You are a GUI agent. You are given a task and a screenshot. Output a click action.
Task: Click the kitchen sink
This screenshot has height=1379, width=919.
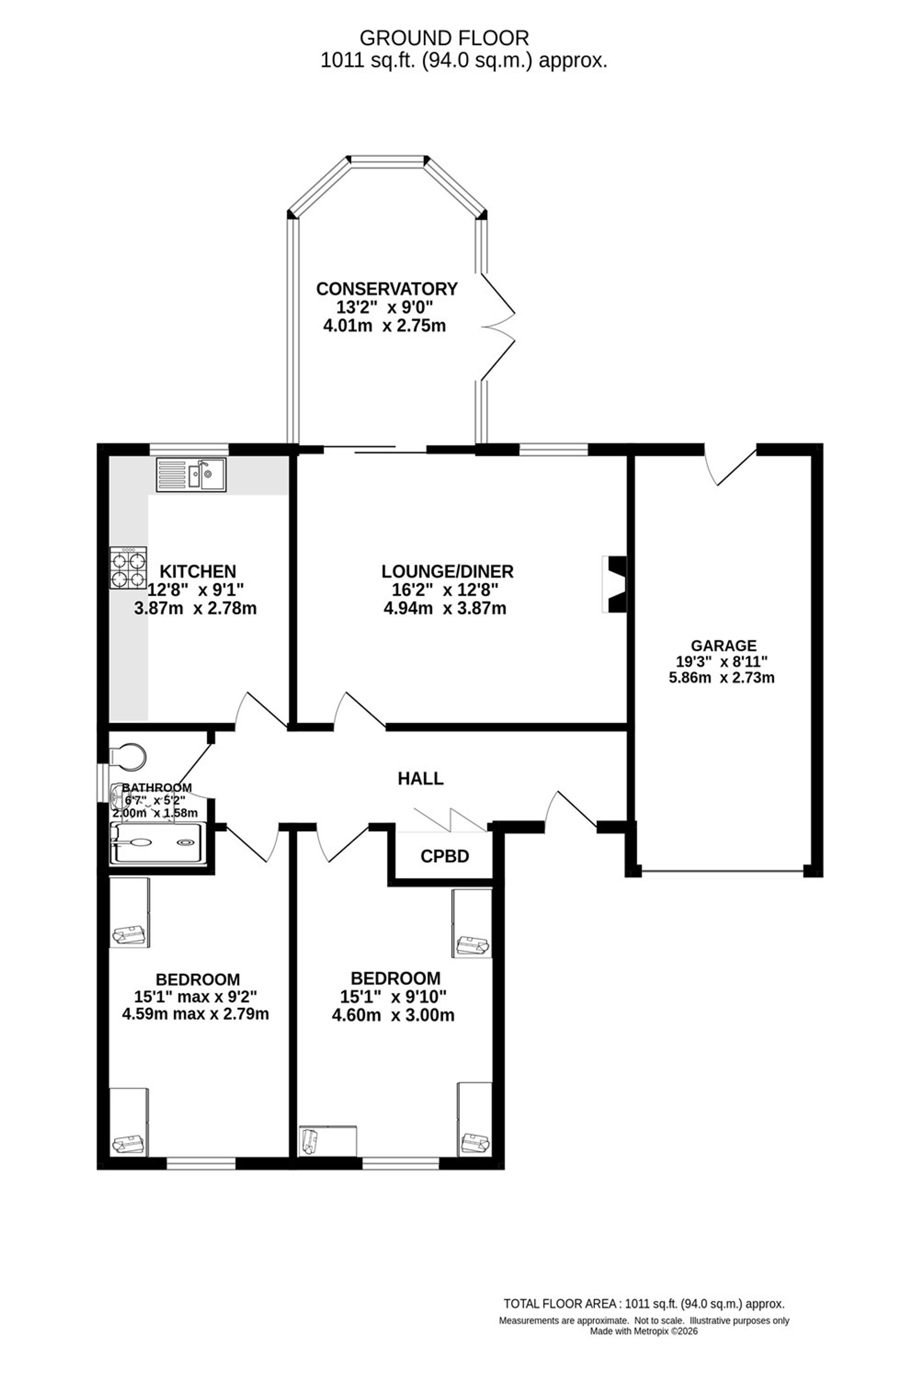point(191,474)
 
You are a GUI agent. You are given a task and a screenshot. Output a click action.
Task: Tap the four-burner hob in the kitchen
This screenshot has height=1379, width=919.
point(128,568)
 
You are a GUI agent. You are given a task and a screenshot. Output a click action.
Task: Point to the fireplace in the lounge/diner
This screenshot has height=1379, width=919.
point(614,585)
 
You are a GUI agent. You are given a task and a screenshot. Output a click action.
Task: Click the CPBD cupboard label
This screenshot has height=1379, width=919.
point(445,857)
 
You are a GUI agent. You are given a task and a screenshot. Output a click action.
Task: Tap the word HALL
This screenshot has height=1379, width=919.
point(420,779)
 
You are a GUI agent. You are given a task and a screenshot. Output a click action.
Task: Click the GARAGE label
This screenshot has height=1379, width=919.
point(723,645)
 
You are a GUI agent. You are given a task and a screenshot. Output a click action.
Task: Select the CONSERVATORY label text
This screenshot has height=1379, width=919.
point(387,289)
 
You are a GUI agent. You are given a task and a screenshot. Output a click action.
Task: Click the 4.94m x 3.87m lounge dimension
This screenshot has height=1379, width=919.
point(445,608)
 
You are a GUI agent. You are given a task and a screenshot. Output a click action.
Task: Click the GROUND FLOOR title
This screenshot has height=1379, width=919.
point(444,38)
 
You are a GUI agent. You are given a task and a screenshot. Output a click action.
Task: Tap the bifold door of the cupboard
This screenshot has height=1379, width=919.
point(449,820)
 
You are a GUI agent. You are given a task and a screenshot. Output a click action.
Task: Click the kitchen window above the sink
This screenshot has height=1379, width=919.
point(189,450)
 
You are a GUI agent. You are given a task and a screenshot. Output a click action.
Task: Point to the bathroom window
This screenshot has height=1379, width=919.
point(103,781)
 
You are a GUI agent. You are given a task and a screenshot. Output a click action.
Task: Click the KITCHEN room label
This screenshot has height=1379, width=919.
point(198,571)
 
